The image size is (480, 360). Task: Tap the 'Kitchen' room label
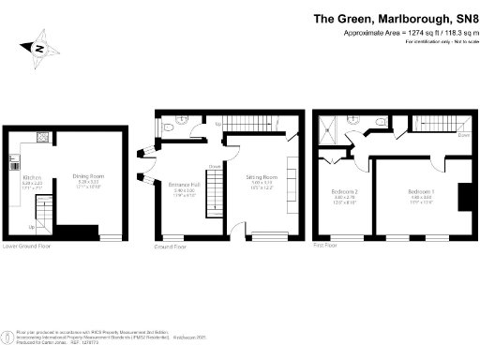coord(30,175)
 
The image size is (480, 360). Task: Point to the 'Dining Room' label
coord(88,175)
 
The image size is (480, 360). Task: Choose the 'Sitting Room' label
coord(262,176)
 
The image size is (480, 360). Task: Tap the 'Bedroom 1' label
coord(421,190)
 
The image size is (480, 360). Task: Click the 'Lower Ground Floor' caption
coord(27,247)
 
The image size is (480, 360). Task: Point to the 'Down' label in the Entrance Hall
coord(214,168)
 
